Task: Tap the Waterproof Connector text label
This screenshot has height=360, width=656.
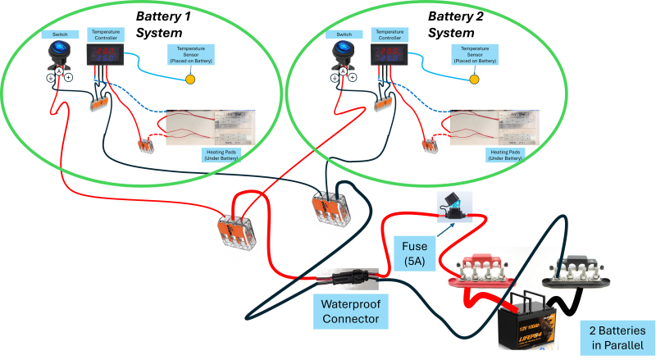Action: (350, 312)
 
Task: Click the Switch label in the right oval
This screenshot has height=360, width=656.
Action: (344, 34)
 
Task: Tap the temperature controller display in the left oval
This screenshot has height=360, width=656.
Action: (106, 56)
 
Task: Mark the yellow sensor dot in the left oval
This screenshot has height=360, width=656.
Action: (190, 80)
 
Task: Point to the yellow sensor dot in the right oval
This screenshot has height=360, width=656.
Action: (474, 80)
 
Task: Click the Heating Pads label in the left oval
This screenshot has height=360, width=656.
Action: (220, 154)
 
